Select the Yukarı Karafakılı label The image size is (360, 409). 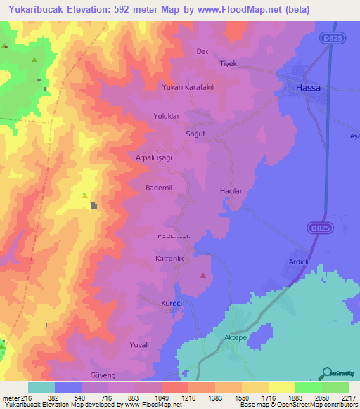pos(188,88)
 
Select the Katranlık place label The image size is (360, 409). pos(169,259)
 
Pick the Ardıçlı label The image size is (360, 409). pos(299,261)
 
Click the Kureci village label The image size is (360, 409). pos(172,303)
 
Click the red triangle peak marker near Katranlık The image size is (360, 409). pos(203,275)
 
